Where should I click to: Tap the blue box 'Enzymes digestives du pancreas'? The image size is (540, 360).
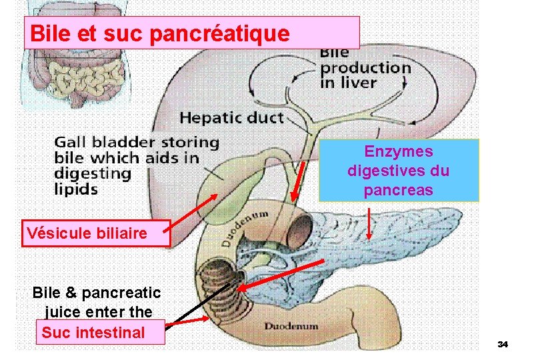pos(399,171)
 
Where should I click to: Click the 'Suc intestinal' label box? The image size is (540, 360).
pos(93,332)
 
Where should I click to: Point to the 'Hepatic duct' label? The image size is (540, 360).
pos(231,118)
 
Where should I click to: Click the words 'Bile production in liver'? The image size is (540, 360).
pos(365,67)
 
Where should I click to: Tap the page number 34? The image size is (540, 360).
pos(503,344)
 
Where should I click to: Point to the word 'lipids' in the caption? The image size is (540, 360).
pos(76,189)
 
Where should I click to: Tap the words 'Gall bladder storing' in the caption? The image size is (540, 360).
pos(136,142)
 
